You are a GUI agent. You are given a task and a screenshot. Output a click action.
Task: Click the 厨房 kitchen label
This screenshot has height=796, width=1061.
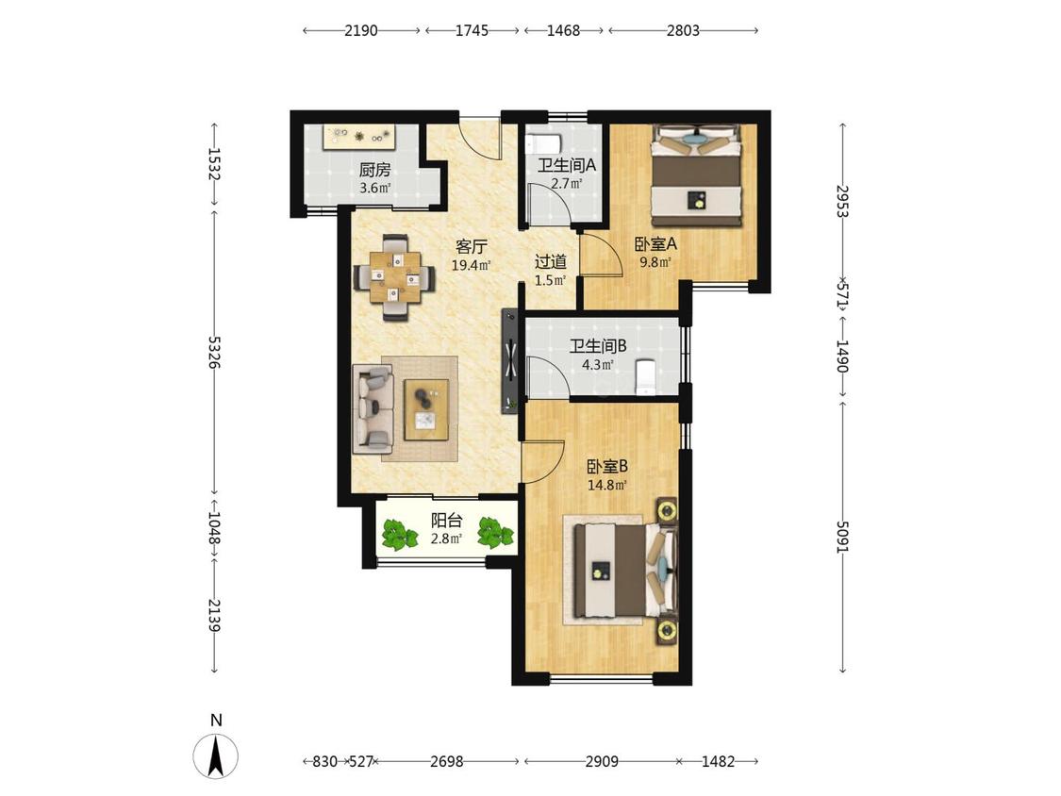tap(374, 170)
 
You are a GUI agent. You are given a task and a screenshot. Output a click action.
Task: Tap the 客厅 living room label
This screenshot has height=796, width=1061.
tap(471, 246)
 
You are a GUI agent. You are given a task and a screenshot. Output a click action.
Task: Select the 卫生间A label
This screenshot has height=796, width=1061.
tap(567, 165)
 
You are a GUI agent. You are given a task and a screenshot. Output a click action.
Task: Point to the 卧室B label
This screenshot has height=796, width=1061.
tap(607, 466)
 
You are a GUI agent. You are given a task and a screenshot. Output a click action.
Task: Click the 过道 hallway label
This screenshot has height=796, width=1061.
tap(550, 261)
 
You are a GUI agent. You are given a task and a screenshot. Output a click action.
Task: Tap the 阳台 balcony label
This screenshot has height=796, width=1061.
tap(447, 521)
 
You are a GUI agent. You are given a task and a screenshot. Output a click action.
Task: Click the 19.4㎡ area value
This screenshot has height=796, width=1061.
tap(471, 265)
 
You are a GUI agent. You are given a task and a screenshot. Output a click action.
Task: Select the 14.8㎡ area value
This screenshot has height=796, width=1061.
tap(607, 485)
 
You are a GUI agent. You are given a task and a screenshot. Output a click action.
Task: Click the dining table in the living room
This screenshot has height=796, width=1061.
tap(394, 277)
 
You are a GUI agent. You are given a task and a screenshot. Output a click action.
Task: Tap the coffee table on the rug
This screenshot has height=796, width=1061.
tap(426, 410)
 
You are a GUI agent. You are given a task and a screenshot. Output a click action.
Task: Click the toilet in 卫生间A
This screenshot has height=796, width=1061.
tap(543, 143)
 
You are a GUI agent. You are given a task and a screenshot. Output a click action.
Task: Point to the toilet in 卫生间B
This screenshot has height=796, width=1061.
tap(645, 375)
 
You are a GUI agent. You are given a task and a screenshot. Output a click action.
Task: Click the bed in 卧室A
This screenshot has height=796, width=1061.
tap(695, 176)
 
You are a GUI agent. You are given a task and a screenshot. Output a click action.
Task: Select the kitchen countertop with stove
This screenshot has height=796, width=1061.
tap(358, 137)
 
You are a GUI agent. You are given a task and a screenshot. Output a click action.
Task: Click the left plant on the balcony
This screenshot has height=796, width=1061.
tap(400, 535)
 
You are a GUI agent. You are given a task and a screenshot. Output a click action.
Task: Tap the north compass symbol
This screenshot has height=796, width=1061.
tap(216, 756)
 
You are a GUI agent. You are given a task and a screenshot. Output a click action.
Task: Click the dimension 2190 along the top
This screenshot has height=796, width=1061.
tap(361, 30)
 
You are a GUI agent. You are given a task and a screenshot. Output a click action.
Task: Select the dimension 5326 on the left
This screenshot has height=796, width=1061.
tap(214, 352)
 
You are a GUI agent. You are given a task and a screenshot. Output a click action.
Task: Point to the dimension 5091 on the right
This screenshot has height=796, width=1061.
tap(842, 537)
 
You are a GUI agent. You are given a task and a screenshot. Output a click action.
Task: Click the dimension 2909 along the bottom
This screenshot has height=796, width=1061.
tap(602, 761)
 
